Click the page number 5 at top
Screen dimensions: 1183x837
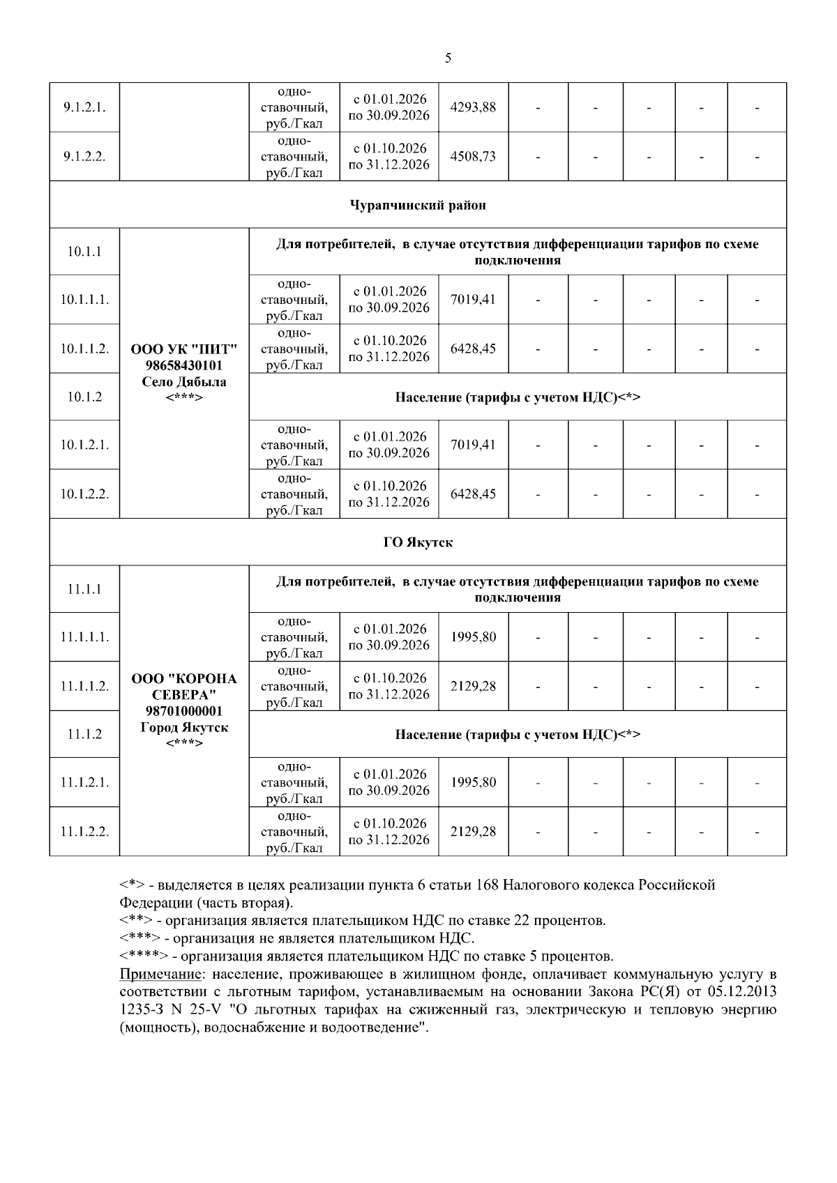coord(447,59)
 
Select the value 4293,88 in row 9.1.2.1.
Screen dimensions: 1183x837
coord(474,107)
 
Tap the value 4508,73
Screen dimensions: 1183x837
coord(474,156)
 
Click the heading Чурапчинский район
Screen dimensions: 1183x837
coord(418,205)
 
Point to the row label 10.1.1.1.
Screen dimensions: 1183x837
coord(84,300)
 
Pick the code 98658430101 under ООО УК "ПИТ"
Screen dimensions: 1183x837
coord(184,365)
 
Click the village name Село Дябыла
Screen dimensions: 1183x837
coord(184,382)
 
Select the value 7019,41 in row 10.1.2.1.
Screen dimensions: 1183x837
coord(474,445)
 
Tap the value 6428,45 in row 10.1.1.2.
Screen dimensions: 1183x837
coord(474,349)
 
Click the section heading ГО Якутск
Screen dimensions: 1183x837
coord(418,542)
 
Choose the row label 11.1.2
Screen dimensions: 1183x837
coord(84,734)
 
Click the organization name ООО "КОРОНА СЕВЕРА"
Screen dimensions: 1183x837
coord(184,687)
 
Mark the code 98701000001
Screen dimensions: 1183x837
coord(184,711)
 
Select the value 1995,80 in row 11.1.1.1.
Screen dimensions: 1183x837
coord(474,637)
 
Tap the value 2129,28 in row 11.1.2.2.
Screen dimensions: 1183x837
coord(474,832)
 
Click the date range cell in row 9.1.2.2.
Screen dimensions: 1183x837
coord(389,156)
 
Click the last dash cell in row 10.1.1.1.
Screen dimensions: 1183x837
coord(757,300)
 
